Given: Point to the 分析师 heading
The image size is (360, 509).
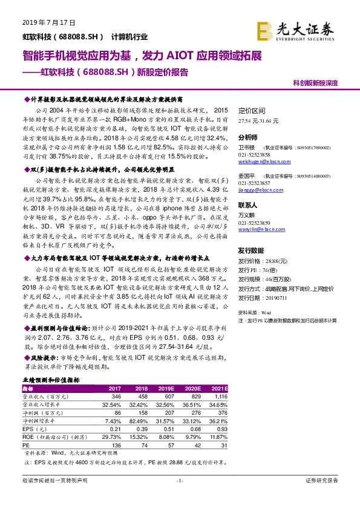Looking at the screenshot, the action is pos(248,138).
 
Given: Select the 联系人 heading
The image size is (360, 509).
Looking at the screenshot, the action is pos(248,205).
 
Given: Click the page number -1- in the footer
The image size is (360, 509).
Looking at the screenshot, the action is pos(179,497).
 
